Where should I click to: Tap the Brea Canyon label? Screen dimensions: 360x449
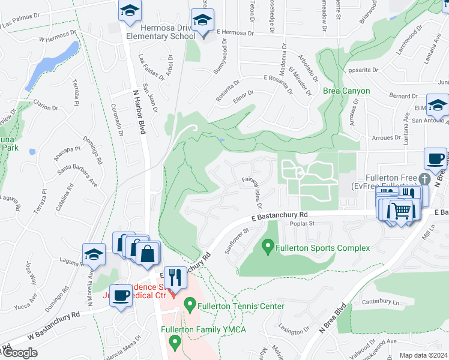pyautogui.click(x=346, y=91)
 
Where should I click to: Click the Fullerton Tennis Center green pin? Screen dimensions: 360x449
pyautogui.click(x=190, y=305)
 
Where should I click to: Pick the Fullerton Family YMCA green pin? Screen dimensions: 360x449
pyautogui.click(x=175, y=343)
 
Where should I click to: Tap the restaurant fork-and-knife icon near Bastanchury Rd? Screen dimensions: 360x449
pyautogui.click(x=175, y=277)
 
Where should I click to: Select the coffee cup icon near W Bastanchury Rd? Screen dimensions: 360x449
pyautogui.click(x=121, y=296)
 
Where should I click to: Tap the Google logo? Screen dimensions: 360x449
pyautogui.click(x=19, y=353)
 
